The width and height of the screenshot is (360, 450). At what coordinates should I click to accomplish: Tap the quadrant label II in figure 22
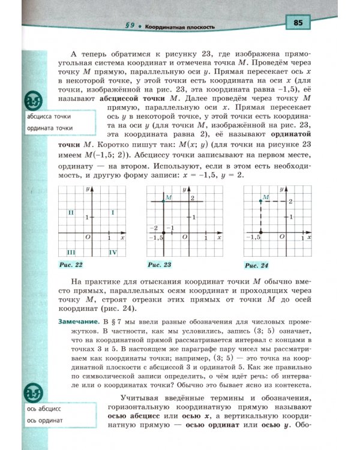pos(70,212)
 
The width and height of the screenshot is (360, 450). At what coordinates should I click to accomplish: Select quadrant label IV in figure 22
pos(112,253)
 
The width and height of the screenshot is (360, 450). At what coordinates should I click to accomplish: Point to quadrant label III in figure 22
pos(71,253)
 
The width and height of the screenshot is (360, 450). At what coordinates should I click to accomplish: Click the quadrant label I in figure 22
pos(113,212)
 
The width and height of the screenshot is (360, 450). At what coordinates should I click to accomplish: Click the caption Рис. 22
pos(71,264)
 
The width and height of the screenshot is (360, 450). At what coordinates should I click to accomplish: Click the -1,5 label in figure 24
pos(254,238)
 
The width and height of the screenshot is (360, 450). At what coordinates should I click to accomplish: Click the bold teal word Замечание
pos(79,323)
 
